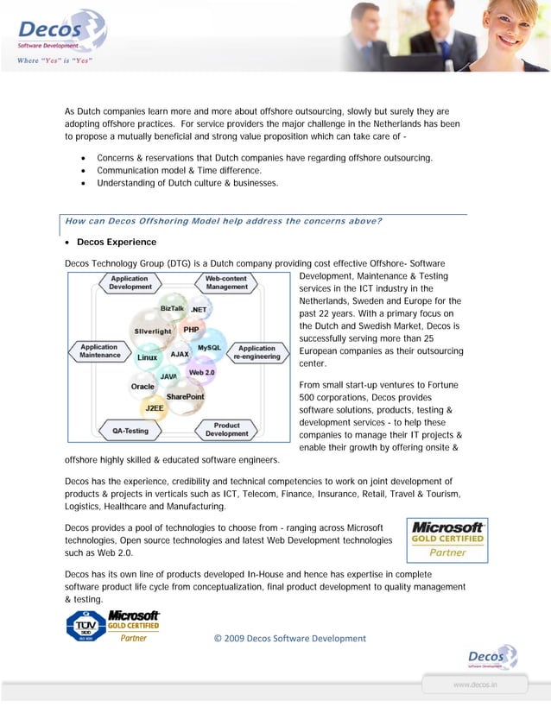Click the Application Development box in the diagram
(x=130, y=283)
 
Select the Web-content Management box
(x=226, y=283)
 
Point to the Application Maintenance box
(x=99, y=351)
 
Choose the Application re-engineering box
(x=257, y=353)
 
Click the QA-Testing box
(x=130, y=430)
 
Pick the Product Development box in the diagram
(x=227, y=430)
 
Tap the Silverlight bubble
(x=152, y=331)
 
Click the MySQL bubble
(x=209, y=347)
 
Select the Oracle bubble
(x=142, y=387)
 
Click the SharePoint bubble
(x=186, y=396)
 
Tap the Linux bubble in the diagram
(x=148, y=357)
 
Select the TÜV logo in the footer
(x=85, y=625)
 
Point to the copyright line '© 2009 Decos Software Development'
(x=289, y=639)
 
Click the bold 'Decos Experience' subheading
(x=117, y=242)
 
